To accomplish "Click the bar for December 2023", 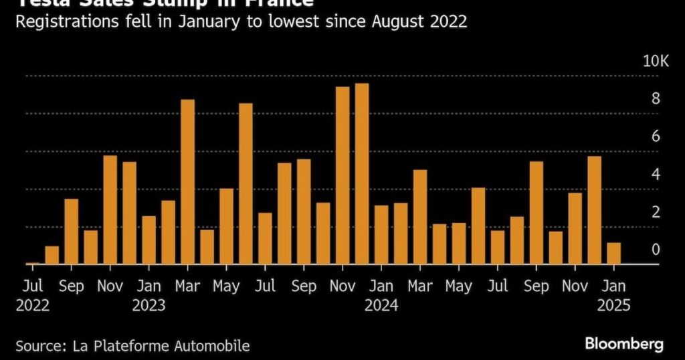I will click(362, 174).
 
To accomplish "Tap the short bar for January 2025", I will click(613, 254).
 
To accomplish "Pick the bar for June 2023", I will click(246, 184).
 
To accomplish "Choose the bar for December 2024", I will click(594, 210).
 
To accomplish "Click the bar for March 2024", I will click(420, 217).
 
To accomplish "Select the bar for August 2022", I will click(52, 256).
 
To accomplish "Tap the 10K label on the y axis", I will click(656, 62).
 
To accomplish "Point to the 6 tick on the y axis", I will click(656, 137).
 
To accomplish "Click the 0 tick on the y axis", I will click(656, 250).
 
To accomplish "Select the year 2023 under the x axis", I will click(149, 306).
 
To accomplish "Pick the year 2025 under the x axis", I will click(613, 306).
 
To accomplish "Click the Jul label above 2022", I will click(33, 286).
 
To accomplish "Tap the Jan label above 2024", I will click(381, 286).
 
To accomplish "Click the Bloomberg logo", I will click(624, 344).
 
